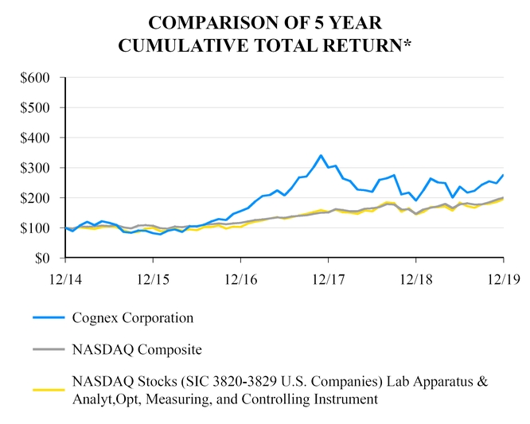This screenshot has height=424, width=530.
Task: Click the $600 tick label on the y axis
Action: (36, 77)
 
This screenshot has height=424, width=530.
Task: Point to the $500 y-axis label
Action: (36, 107)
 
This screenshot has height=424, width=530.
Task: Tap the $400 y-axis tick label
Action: (36, 138)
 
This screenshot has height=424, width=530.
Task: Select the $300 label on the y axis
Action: (36, 168)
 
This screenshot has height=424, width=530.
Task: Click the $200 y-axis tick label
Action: (36, 198)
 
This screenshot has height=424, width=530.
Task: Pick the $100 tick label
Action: (36, 228)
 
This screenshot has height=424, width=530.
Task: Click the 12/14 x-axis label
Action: (65, 280)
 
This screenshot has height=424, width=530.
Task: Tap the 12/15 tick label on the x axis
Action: (153, 280)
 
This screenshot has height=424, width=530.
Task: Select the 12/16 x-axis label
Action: (240, 280)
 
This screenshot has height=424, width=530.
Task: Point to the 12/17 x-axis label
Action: (328, 280)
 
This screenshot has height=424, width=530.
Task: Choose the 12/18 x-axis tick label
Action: (415, 280)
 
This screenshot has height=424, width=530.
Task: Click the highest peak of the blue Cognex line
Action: (321, 155)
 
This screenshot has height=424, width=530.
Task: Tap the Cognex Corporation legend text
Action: (132, 317)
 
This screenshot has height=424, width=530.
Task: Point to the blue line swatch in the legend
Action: (48, 317)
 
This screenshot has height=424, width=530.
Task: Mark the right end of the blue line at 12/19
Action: (503, 175)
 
